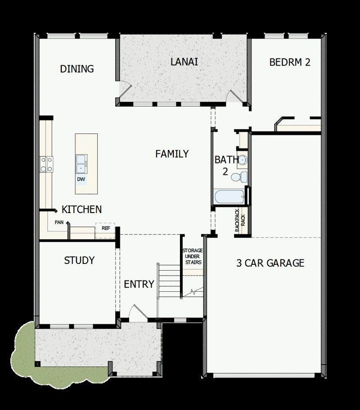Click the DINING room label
tap(77, 69)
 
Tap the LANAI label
tap(184, 62)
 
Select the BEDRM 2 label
tap(290, 62)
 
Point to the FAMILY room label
tap(172, 154)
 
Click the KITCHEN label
tap(81, 209)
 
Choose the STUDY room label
tap(79, 260)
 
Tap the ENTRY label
tap(139, 284)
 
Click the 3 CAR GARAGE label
tap(270, 263)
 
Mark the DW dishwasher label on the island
tap(81, 179)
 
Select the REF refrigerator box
tap(106, 228)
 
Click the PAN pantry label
tap(58, 222)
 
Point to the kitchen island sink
tap(81, 164)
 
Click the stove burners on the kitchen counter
tap(46, 164)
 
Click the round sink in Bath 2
tap(243, 159)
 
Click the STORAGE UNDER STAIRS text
tap(192, 256)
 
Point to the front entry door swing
tap(135, 312)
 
